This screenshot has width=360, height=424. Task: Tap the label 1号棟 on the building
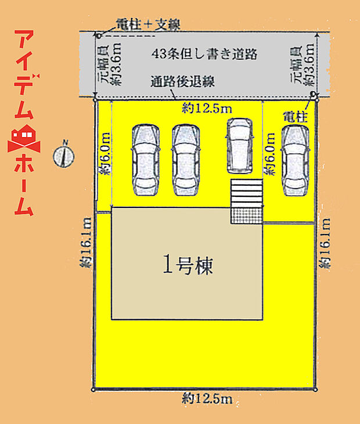tap(188, 266)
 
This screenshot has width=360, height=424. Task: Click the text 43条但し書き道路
tap(204, 53)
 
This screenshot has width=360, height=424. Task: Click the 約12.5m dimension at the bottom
tap(207, 398)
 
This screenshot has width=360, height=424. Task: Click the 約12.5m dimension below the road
tap(206, 107)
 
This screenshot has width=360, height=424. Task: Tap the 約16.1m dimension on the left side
tap(85, 244)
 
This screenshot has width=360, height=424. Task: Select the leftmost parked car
tap(145, 160)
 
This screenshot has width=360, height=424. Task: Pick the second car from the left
tap(185, 160)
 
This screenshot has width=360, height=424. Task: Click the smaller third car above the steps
tap(239, 145)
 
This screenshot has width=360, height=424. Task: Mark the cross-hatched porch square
tap(247, 215)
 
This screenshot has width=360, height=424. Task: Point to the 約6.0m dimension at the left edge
tap(105, 154)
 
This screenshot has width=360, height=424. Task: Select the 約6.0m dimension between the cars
tap(270, 154)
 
